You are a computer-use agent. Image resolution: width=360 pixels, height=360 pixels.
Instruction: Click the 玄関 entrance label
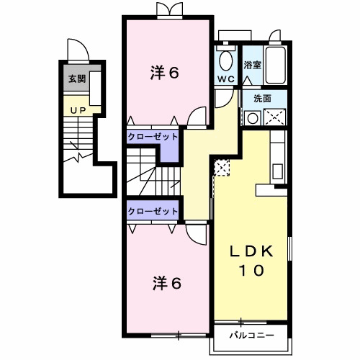(x=77, y=78)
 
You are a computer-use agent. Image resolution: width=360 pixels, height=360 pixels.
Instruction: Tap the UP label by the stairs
(x=78, y=111)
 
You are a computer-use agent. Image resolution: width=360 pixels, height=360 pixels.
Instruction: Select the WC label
(x=226, y=79)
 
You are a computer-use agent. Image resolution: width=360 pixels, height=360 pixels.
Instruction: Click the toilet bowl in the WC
(x=226, y=60)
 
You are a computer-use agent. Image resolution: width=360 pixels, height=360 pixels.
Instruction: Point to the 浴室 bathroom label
(x=253, y=65)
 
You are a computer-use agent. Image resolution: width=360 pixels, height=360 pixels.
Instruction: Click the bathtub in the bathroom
(x=275, y=65)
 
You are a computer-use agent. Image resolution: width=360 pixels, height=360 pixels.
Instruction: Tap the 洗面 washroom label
(x=263, y=99)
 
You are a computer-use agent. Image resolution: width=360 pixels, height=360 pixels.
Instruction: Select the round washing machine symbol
(x=253, y=118)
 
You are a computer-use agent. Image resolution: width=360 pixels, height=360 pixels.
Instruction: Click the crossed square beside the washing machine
(x=274, y=117)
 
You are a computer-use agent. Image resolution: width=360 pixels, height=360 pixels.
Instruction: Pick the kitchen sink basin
(x=277, y=171)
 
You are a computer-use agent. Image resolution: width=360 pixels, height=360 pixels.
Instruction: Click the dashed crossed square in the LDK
(x=222, y=168)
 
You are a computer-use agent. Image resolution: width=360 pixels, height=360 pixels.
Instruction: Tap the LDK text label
(x=251, y=251)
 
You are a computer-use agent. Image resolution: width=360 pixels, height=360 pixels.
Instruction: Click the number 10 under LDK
(x=251, y=271)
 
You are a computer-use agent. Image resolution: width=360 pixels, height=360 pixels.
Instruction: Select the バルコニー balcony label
(x=252, y=335)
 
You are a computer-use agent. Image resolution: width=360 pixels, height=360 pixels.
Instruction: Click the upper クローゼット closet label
(x=153, y=137)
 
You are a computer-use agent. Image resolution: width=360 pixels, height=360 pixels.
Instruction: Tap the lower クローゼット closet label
(x=153, y=211)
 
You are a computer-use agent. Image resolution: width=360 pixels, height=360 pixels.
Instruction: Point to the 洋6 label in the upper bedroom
(x=165, y=73)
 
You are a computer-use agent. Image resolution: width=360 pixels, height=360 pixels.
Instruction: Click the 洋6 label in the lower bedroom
(x=167, y=284)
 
